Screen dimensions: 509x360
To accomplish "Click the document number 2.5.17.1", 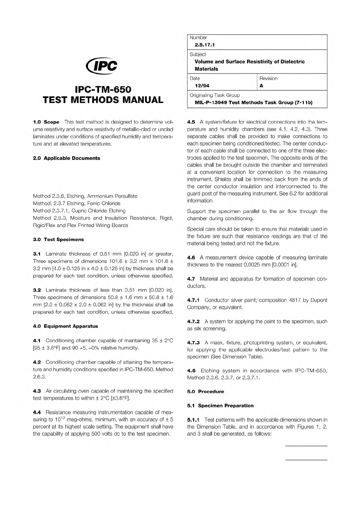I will (205, 45).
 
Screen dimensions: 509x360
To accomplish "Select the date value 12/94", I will (202, 86).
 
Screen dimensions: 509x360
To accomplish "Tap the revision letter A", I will (261, 86).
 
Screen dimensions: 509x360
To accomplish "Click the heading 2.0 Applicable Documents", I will (66, 158).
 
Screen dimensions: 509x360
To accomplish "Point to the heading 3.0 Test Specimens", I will (58, 239).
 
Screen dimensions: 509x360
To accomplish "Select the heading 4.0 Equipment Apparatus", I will (65, 326).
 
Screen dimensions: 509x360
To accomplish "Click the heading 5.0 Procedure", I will (206, 391).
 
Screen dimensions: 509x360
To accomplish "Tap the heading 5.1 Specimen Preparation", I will (220, 406).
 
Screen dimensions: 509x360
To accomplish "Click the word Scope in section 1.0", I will (51, 122).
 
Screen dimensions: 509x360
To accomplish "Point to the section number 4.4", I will (37, 412).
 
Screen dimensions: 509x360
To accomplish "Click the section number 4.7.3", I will (193, 343).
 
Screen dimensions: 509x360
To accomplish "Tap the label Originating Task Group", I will (215, 95).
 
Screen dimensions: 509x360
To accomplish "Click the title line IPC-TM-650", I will (103, 89).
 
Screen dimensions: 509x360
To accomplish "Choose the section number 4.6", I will (191, 258).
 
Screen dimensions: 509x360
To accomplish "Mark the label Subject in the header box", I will (198, 54).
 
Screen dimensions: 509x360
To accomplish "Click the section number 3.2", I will (37, 290).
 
